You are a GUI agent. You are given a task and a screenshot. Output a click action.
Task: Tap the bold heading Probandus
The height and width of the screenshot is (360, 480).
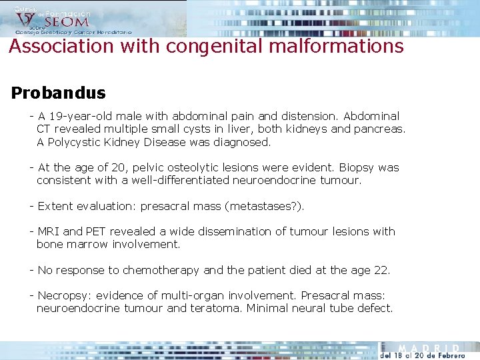tap(58, 93)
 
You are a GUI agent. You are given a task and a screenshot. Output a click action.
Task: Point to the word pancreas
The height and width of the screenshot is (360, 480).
tap(379, 129)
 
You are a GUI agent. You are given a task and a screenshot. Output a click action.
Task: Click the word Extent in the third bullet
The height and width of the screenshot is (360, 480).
tap(55, 207)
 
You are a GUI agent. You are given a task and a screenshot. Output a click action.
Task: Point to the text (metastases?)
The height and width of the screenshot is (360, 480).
tap(265, 207)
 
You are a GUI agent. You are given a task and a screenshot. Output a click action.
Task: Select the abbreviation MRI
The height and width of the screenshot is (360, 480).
tap(49, 232)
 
